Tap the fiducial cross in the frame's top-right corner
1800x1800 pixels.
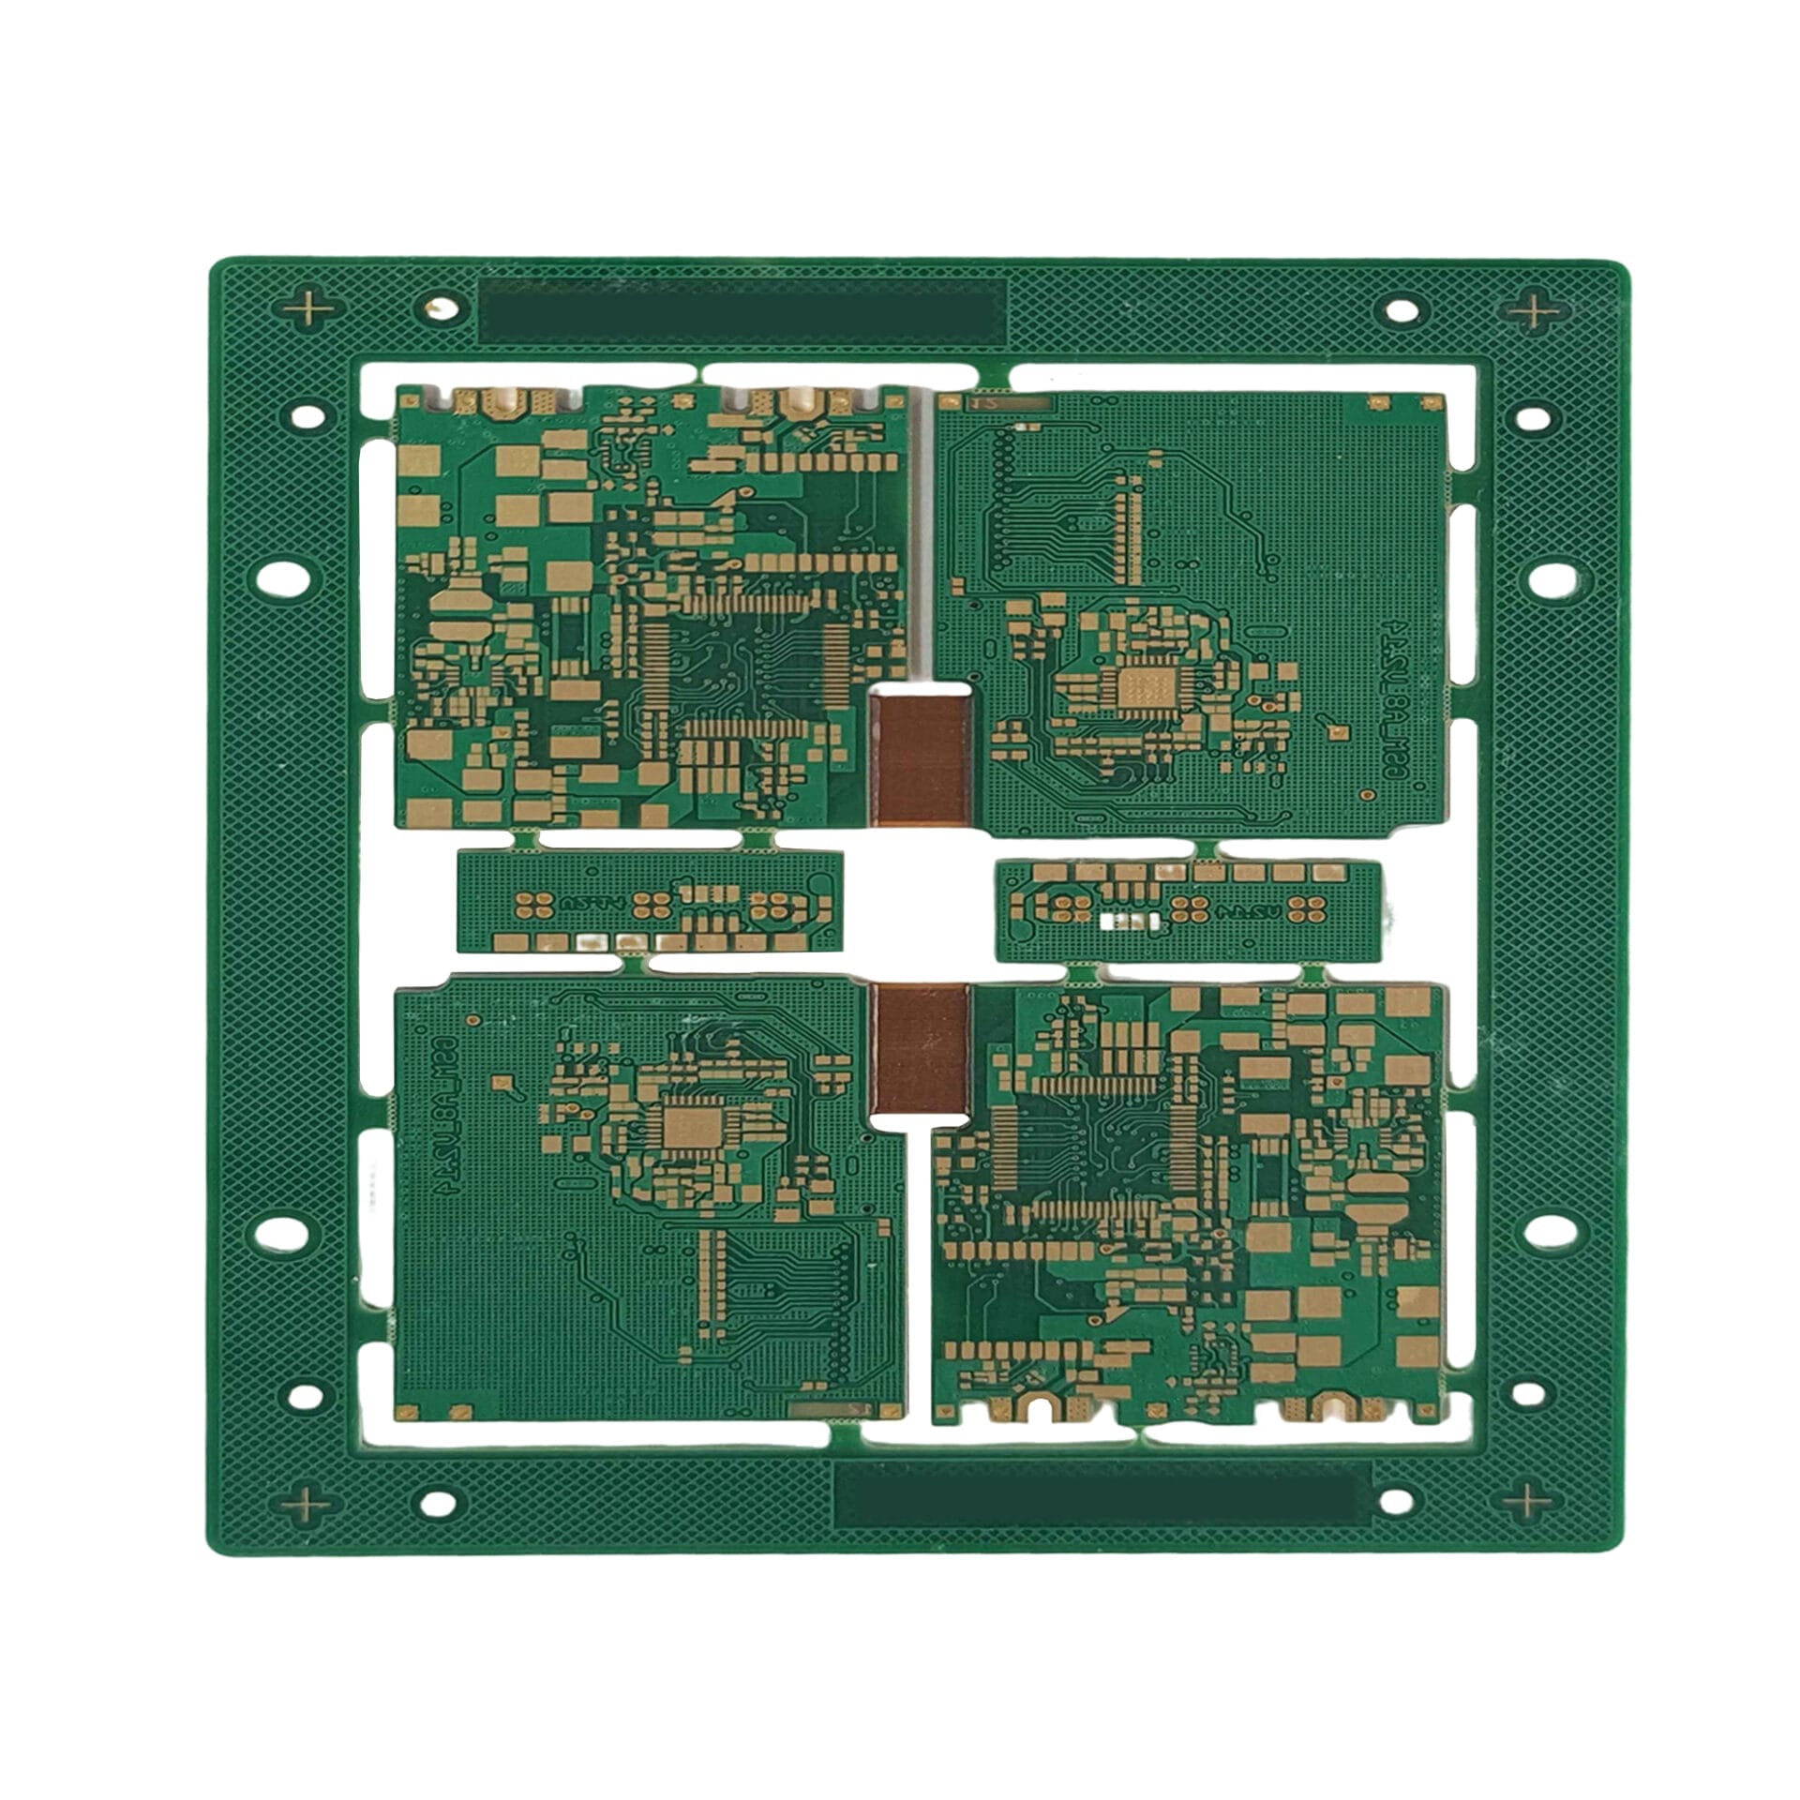[1535, 310]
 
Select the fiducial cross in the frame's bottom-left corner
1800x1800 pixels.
[308, 1506]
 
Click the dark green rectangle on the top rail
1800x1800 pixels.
[742, 310]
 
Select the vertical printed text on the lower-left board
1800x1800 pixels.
[447, 1112]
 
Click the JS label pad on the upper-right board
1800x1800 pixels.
[984, 403]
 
